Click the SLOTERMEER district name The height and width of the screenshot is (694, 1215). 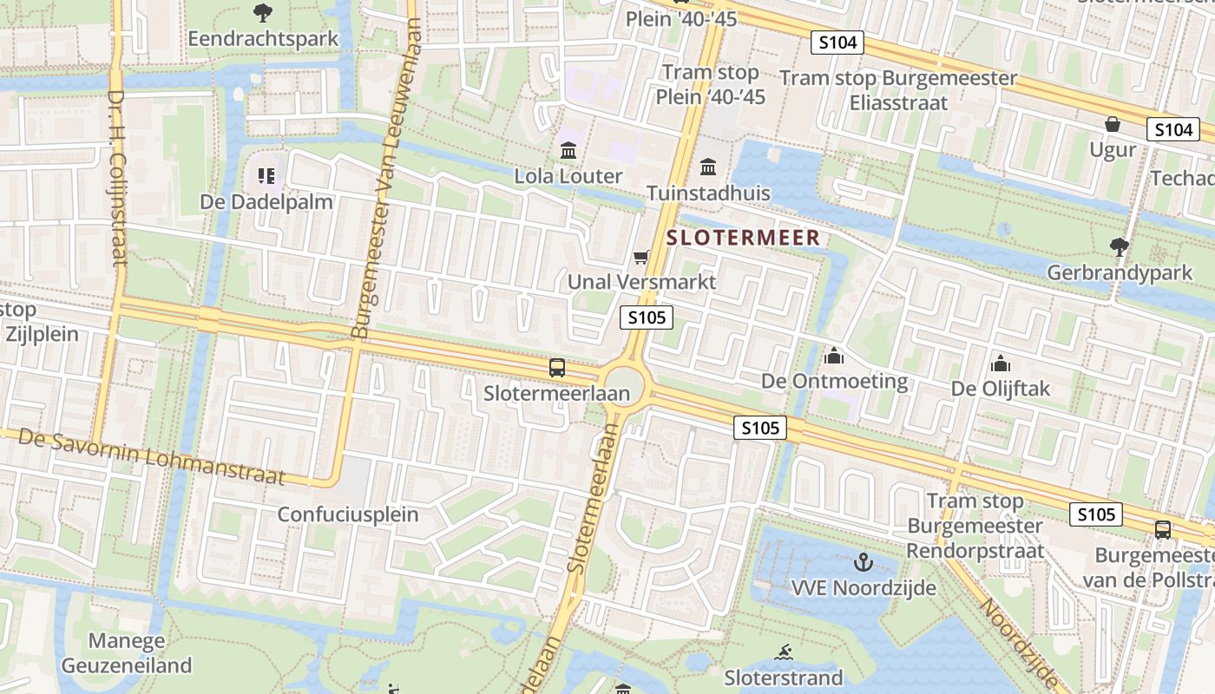[743, 237]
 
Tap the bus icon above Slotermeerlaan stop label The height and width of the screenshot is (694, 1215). [557, 368]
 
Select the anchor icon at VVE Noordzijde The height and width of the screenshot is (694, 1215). [863, 562]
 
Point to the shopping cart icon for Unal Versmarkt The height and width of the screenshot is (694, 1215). [641, 256]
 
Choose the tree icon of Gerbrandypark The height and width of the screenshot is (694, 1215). [1120, 247]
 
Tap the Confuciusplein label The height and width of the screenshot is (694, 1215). [347, 514]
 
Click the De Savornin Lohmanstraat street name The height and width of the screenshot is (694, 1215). [151, 455]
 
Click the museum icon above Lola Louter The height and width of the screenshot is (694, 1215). [568, 151]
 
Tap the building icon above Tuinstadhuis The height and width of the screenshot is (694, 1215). [708, 166]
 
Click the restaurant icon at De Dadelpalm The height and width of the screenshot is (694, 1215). [266, 176]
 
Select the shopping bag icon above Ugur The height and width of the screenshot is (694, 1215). [1113, 124]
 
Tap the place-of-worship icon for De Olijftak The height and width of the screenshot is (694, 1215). [1000, 363]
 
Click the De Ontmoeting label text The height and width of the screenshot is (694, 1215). [834, 381]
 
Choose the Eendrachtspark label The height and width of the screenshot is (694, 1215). [263, 39]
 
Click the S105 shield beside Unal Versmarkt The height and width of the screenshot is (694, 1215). [647, 318]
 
